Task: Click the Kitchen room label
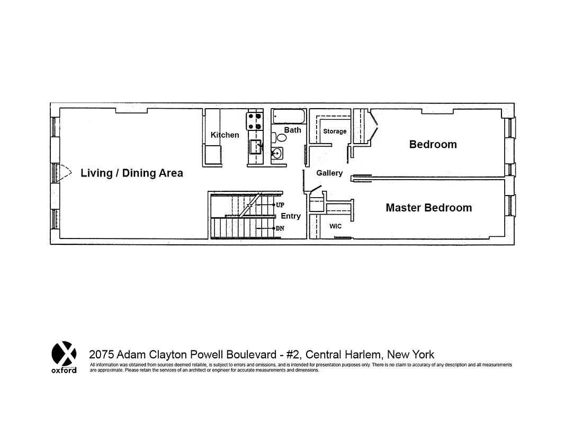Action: (225, 135)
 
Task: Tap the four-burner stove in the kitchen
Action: (255, 121)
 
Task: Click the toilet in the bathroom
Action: (281, 137)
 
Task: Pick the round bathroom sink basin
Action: (276, 154)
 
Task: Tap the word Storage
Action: (335, 131)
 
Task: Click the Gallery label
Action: (329, 173)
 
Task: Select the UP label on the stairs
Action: (280, 205)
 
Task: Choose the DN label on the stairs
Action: (280, 228)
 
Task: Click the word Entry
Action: (291, 216)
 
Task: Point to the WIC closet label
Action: (336, 226)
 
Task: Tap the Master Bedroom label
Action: (428, 208)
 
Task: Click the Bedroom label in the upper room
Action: (433, 144)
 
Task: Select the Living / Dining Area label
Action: (132, 173)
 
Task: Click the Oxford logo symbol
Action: (64, 353)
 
